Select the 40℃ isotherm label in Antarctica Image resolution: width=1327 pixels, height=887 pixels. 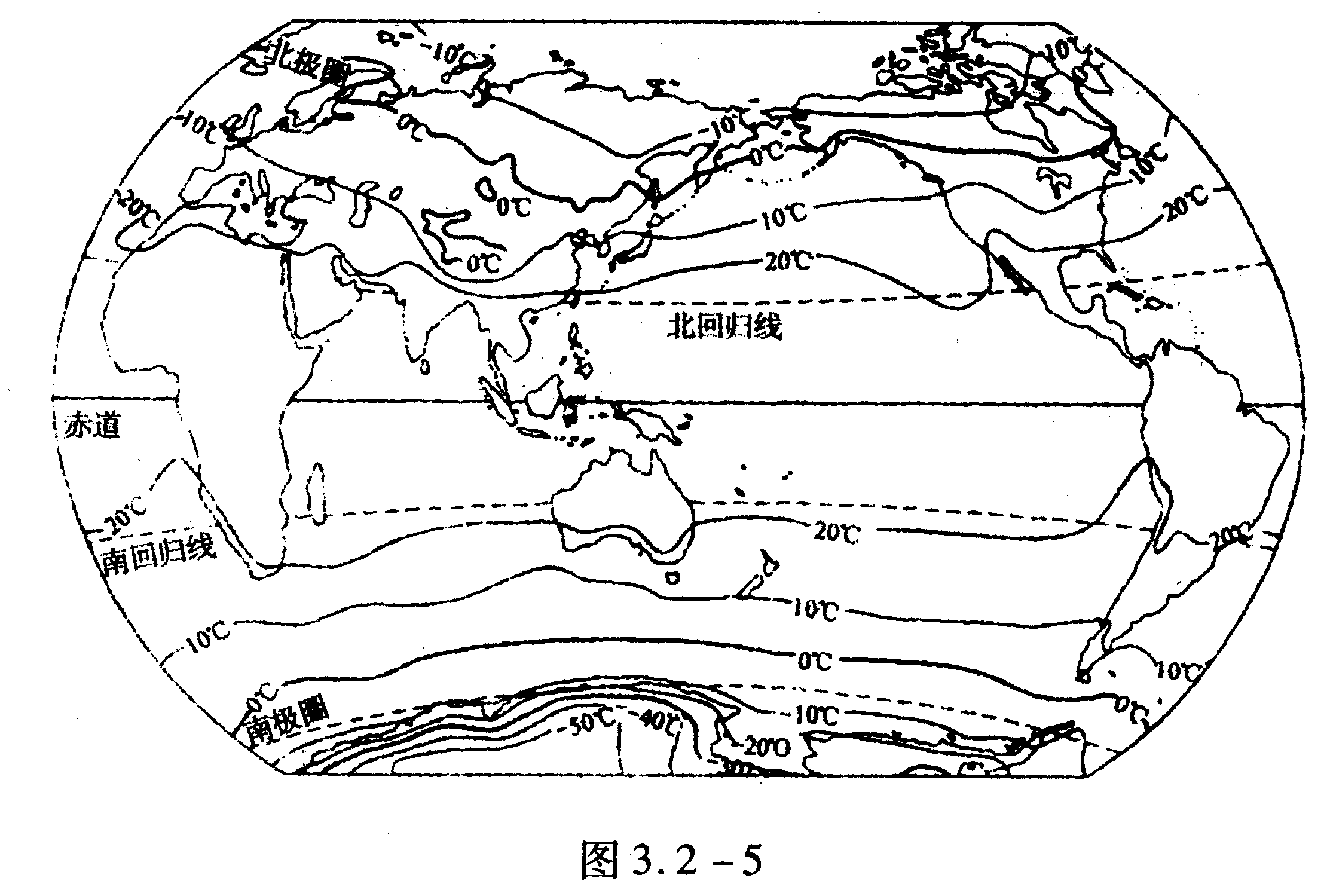pos(658,721)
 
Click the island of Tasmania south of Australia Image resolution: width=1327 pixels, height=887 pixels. pos(673,578)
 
